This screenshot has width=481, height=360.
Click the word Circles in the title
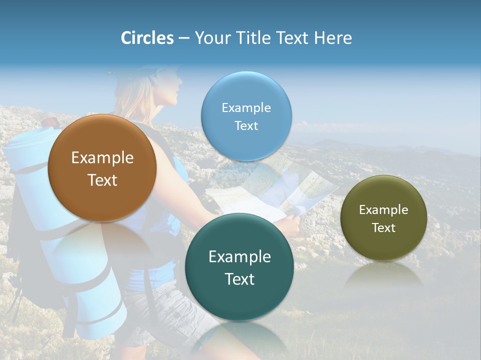click(x=147, y=38)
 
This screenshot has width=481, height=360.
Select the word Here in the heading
click(x=333, y=38)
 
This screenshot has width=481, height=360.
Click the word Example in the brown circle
click(x=102, y=158)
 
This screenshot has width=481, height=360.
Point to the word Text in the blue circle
click(x=246, y=125)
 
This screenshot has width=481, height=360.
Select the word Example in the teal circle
click(x=239, y=257)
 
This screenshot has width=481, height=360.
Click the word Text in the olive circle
click(x=383, y=228)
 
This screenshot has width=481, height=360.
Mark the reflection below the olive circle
click(x=383, y=275)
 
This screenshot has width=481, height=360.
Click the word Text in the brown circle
click(x=102, y=180)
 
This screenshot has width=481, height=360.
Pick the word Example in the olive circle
click(x=383, y=210)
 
